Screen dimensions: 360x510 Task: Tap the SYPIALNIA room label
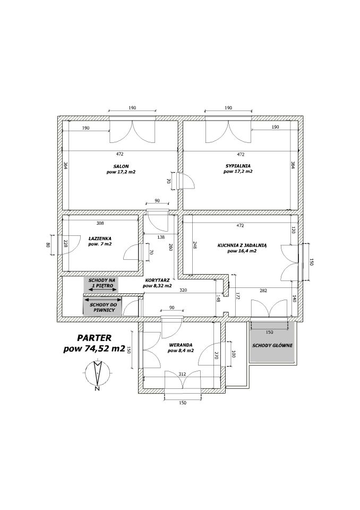[238, 166]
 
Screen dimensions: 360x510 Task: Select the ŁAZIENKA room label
[100, 238]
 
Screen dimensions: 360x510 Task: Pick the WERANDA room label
[181, 345]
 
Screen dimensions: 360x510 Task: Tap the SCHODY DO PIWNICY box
[102, 306]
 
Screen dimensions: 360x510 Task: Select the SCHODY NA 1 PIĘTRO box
[101, 285]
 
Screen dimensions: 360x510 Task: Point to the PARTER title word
[95, 338]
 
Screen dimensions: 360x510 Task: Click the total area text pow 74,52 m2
[95, 348]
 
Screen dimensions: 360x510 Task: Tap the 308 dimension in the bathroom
[100, 223]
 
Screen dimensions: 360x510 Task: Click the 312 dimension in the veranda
[182, 374]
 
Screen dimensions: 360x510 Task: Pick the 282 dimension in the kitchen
[263, 291]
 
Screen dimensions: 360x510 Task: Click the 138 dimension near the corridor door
[161, 237]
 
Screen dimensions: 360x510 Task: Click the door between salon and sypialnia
[185, 181]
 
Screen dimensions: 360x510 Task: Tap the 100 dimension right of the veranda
[233, 354]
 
